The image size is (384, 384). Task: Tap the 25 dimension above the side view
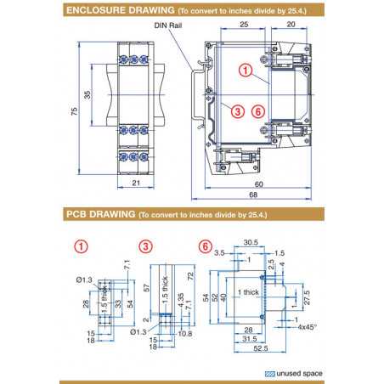pyautogui.click(x=243, y=26)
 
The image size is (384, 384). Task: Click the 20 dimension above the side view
pyautogui.click(x=291, y=26)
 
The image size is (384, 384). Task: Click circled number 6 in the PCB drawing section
pyautogui.click(x=204, y=246)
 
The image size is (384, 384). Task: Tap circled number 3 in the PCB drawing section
pyautogui.click(x=146, y=246)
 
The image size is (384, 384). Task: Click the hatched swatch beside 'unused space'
pyautogui.click(x=271, y=372)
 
